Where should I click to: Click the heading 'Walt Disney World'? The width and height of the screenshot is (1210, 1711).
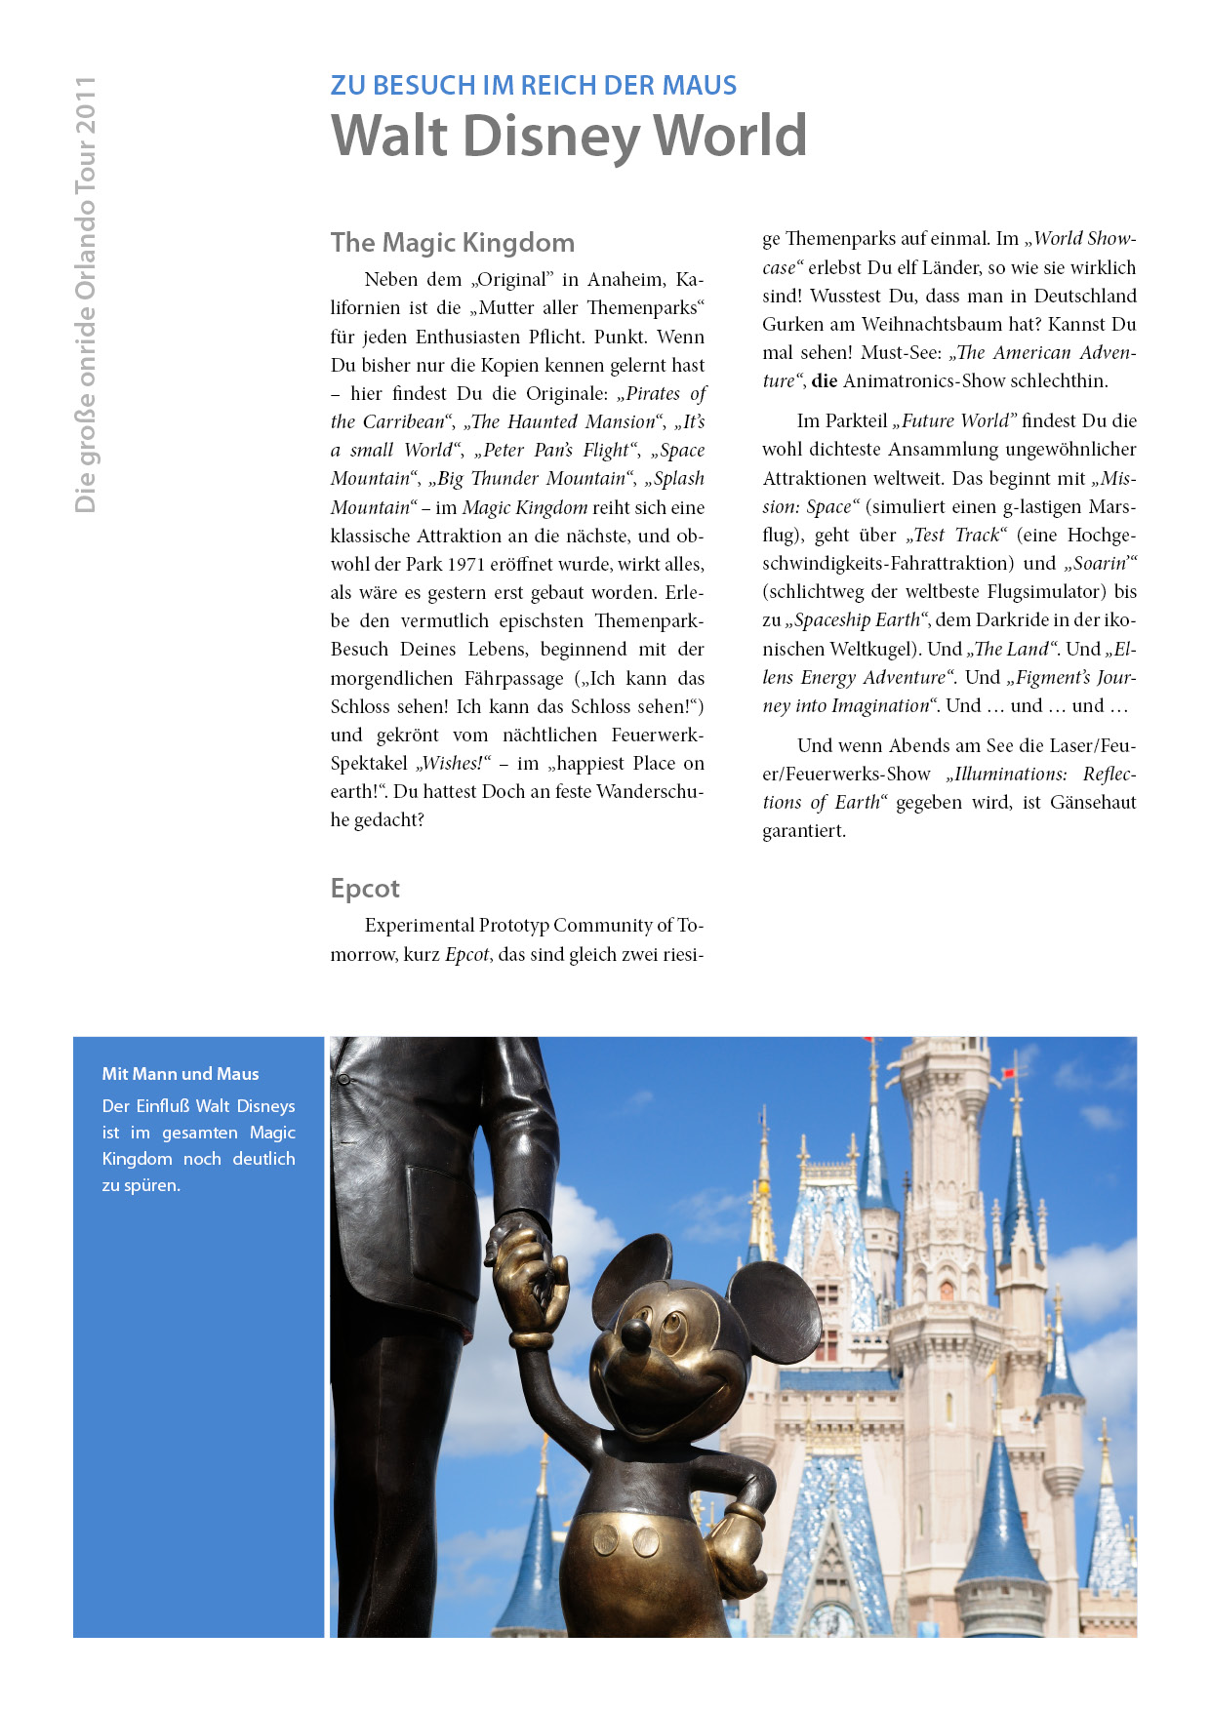(569, 136)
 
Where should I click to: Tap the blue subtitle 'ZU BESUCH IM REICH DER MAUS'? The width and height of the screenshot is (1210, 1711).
(533, 86)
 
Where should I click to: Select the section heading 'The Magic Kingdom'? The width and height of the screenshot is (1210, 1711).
(452, 243)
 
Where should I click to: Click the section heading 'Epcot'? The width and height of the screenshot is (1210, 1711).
(365, 889)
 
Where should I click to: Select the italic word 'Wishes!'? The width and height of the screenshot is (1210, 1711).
(452, 764)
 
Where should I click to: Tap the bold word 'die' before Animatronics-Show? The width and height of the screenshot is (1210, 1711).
(825, 381)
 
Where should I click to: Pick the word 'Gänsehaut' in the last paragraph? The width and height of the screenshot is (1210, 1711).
(1093, 803)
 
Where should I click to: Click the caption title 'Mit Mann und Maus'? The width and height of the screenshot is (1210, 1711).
(181, 1074)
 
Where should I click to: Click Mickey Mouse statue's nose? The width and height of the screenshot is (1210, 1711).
(636, 1333)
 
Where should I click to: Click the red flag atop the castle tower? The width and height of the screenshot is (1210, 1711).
(1012, 1072)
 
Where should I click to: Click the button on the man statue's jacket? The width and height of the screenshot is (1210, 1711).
(343, 1080)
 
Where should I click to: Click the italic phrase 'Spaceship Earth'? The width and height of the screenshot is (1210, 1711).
(857, 620)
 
